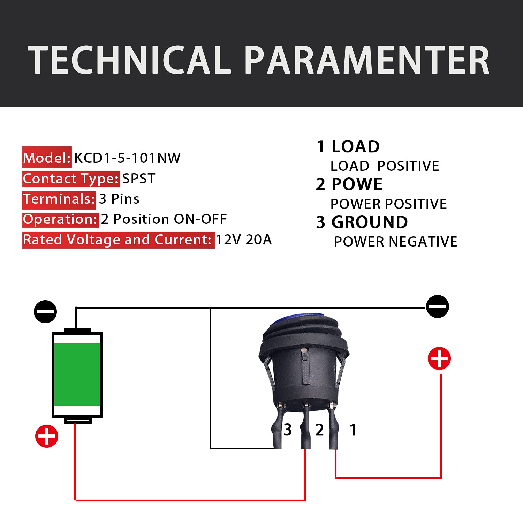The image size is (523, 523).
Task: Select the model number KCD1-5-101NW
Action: point(127,158)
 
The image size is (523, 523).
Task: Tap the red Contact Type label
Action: point(71,179)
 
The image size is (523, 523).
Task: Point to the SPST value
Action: point(138,179)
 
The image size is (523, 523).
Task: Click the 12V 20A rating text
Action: point(244,240)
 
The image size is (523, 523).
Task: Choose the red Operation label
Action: point(61,220)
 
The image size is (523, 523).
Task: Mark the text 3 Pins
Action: point(119,199)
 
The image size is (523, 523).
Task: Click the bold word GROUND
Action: point(370,222)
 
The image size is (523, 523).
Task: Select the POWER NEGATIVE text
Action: point(395,242)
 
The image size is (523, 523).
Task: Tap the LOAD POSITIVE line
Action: point(385,166)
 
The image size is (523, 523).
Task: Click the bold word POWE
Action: point(357,184)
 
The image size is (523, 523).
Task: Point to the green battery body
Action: point(77,374)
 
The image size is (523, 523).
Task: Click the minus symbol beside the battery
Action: point(45,311)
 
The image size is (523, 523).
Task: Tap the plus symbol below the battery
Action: point(47,436)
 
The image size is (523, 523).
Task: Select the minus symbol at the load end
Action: point(438,306)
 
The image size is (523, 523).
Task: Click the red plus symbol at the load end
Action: point(439,358)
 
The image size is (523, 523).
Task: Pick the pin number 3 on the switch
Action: point(288,430)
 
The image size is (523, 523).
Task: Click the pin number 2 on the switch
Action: point(319,430)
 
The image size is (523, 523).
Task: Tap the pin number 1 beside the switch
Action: point(353,430)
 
